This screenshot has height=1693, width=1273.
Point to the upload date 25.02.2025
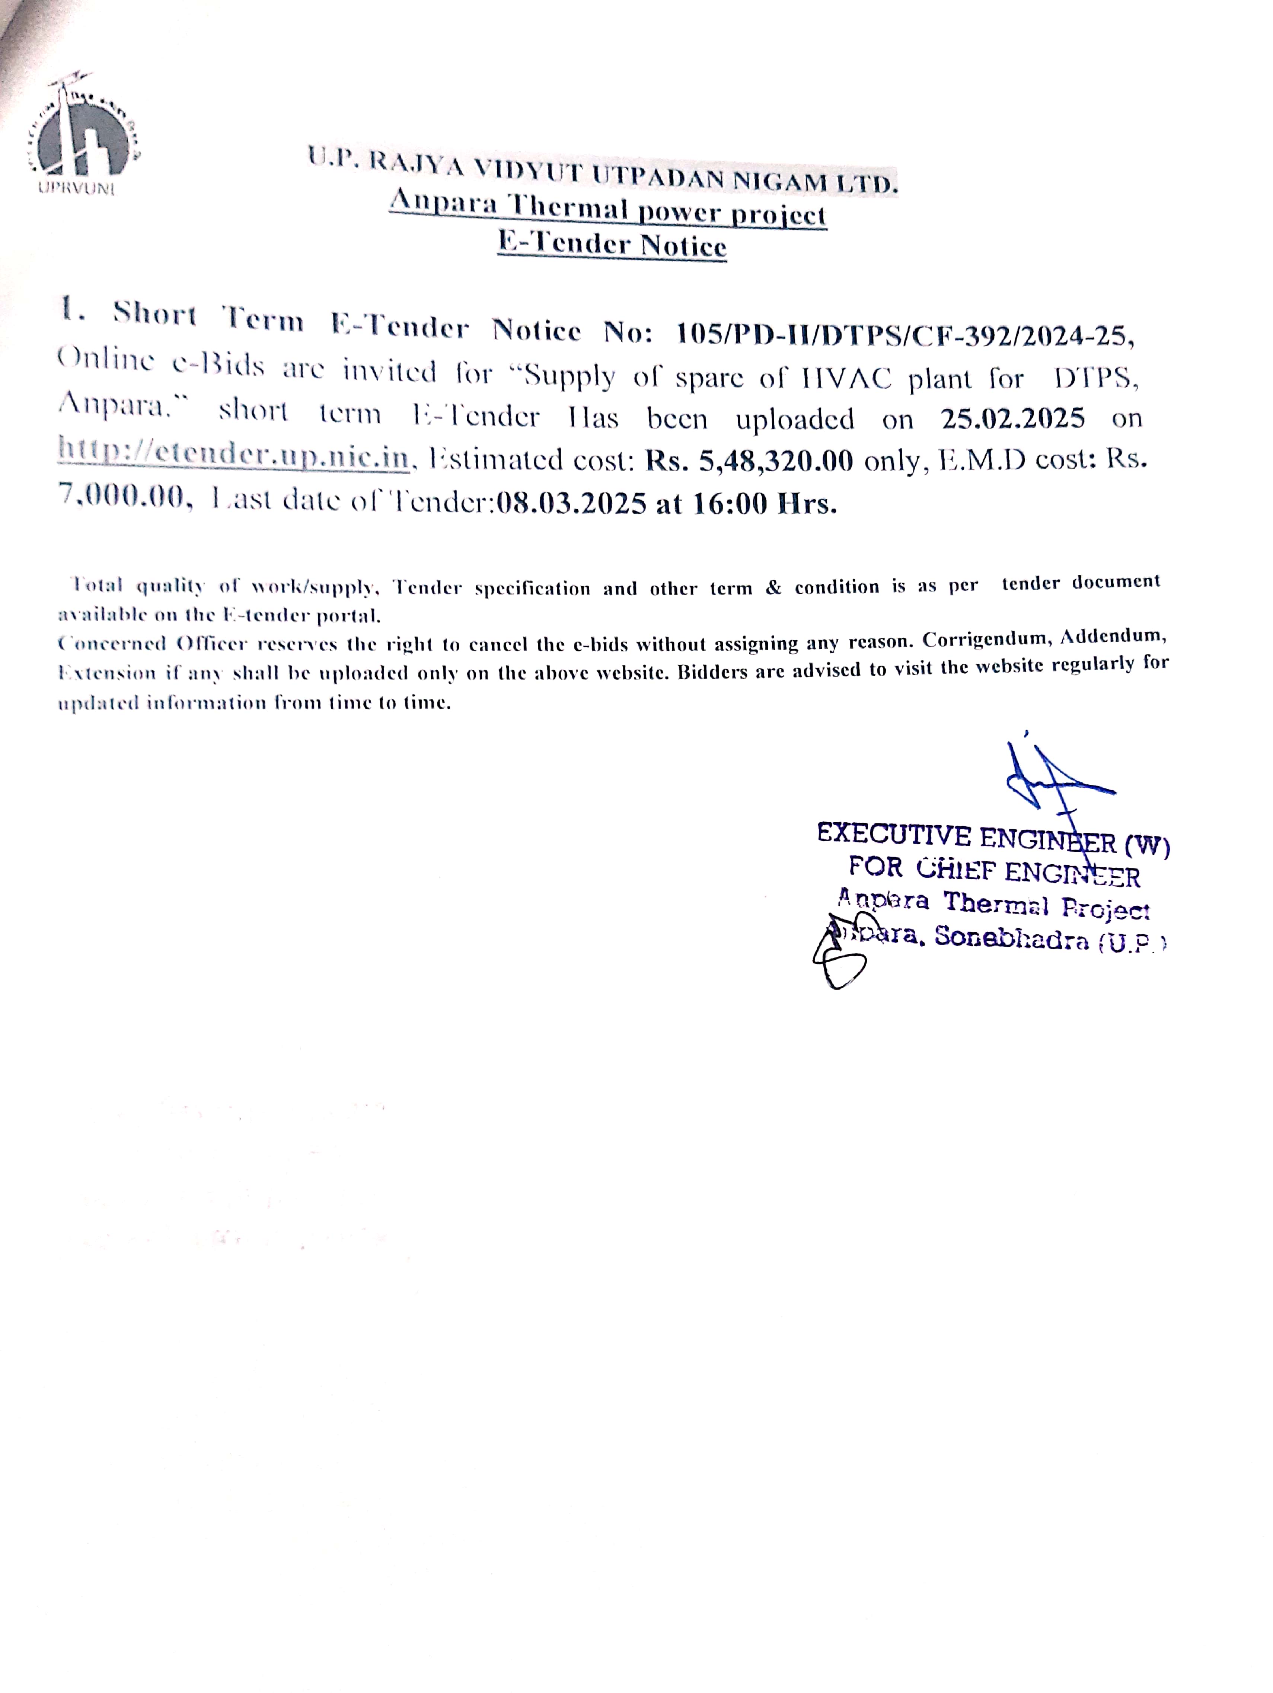1012,418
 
